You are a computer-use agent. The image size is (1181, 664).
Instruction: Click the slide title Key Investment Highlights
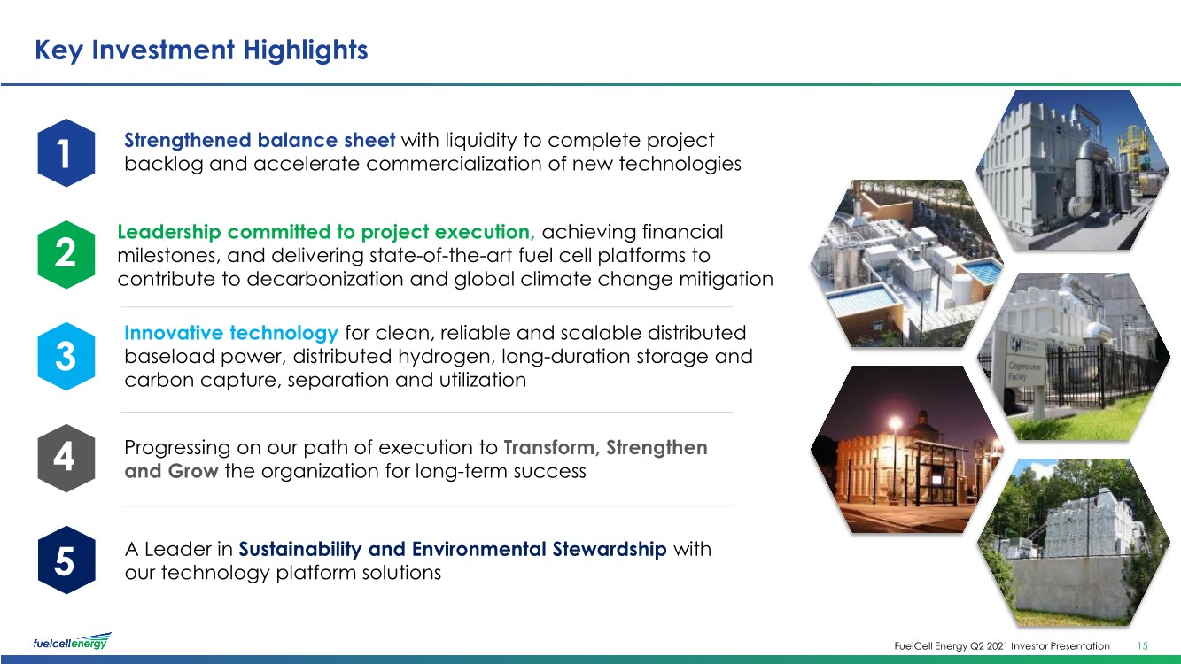coord(201,50)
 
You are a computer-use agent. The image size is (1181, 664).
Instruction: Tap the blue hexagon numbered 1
coord(66,153)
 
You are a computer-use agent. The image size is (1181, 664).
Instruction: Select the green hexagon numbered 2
coord(66,255)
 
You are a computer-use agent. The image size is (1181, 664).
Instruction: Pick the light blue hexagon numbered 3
coord(66,356)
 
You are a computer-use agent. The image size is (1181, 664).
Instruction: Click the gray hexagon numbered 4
coord(66,458)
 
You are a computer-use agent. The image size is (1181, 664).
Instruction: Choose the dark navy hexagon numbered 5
coord(66,560)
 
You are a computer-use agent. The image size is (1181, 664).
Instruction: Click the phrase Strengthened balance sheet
coord(260,140)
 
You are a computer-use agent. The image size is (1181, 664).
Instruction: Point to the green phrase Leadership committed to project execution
coord(326,232)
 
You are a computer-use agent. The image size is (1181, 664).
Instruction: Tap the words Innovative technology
coord(231,333)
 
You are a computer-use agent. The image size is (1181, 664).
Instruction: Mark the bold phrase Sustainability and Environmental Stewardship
coord(453,550)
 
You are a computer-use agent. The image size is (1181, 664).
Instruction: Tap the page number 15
coord(1143,646)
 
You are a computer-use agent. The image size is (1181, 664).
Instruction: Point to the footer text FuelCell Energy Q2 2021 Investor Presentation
coord(1002,646)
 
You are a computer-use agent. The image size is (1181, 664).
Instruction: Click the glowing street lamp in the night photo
coord(895,422)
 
